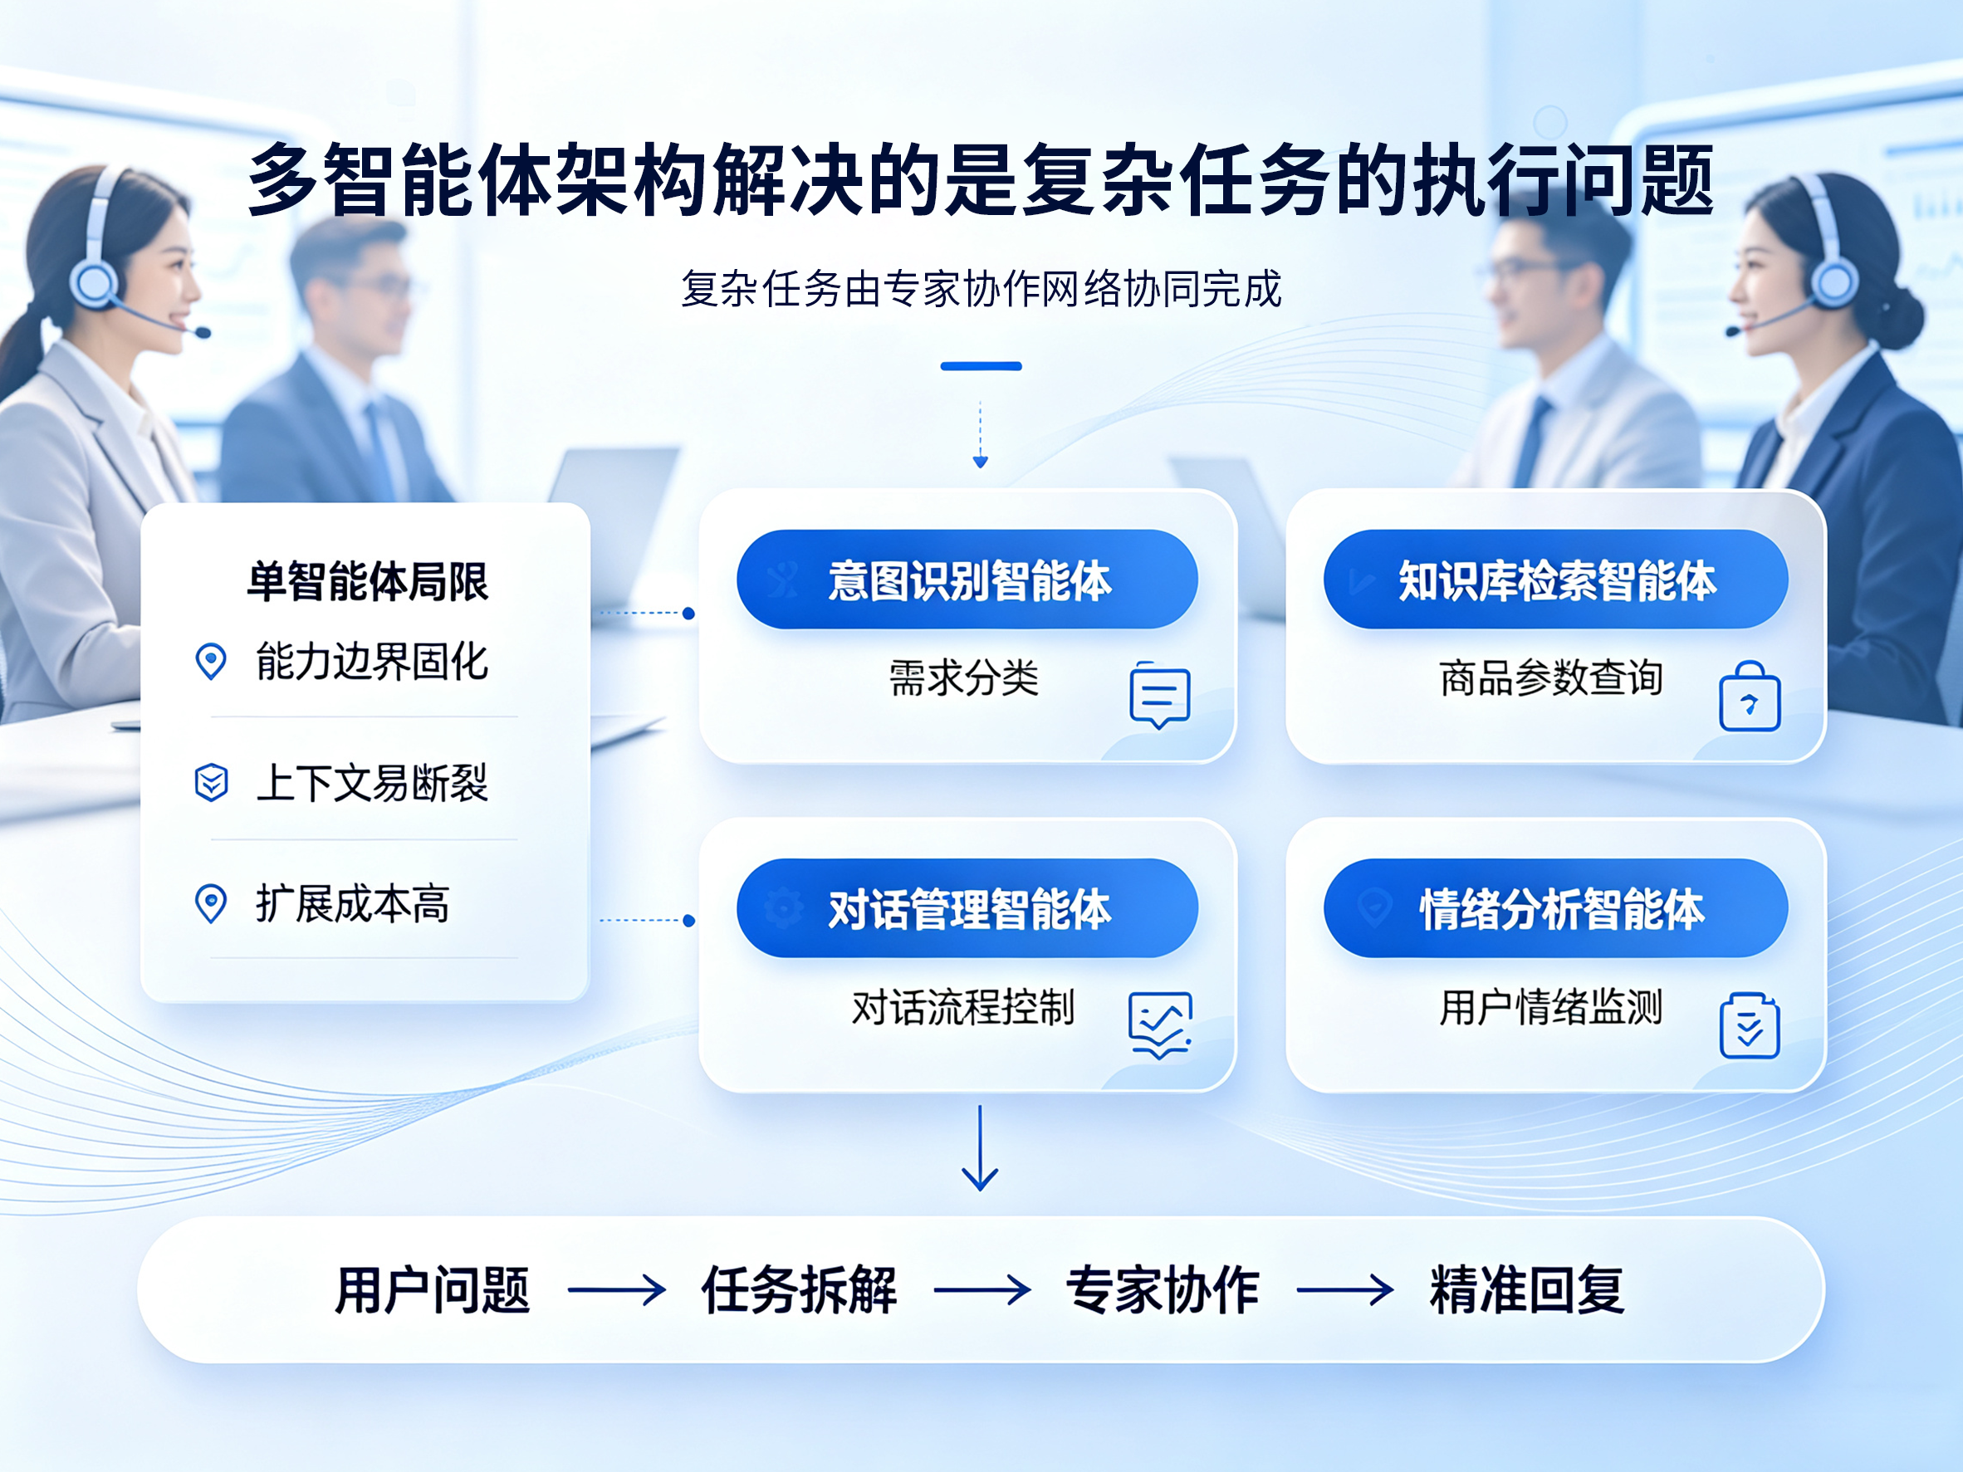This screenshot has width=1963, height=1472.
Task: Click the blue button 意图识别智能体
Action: coord(967,580)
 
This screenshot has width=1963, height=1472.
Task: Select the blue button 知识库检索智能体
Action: coord(1555,580)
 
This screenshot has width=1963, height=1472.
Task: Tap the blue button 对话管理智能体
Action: coord(967,907)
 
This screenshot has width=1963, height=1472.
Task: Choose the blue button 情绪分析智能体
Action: coord(1555,907)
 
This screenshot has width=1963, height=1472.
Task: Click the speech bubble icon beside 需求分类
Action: coord(1159,696)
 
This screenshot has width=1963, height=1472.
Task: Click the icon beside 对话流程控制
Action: coord(1159,1025)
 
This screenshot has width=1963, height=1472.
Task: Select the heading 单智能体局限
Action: coord(367,582)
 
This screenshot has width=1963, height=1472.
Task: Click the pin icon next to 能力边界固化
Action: coord(210,662)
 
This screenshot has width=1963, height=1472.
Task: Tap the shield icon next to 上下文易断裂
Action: coord(211,782)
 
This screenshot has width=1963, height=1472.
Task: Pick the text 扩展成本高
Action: coord(352,904)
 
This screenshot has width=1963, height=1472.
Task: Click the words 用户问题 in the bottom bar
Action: coord(432,1290)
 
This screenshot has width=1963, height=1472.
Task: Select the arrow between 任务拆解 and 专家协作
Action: coord(981,1290)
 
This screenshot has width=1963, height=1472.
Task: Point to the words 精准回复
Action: coord(1526,1290)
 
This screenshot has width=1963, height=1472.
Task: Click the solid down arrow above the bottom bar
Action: coord(980,1147)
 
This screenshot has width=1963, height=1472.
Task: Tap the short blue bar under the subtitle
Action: coord(981,365)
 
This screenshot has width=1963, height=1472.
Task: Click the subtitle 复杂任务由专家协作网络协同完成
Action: coord(981,288)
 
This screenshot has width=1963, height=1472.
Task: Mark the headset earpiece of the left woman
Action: coord(93,281)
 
